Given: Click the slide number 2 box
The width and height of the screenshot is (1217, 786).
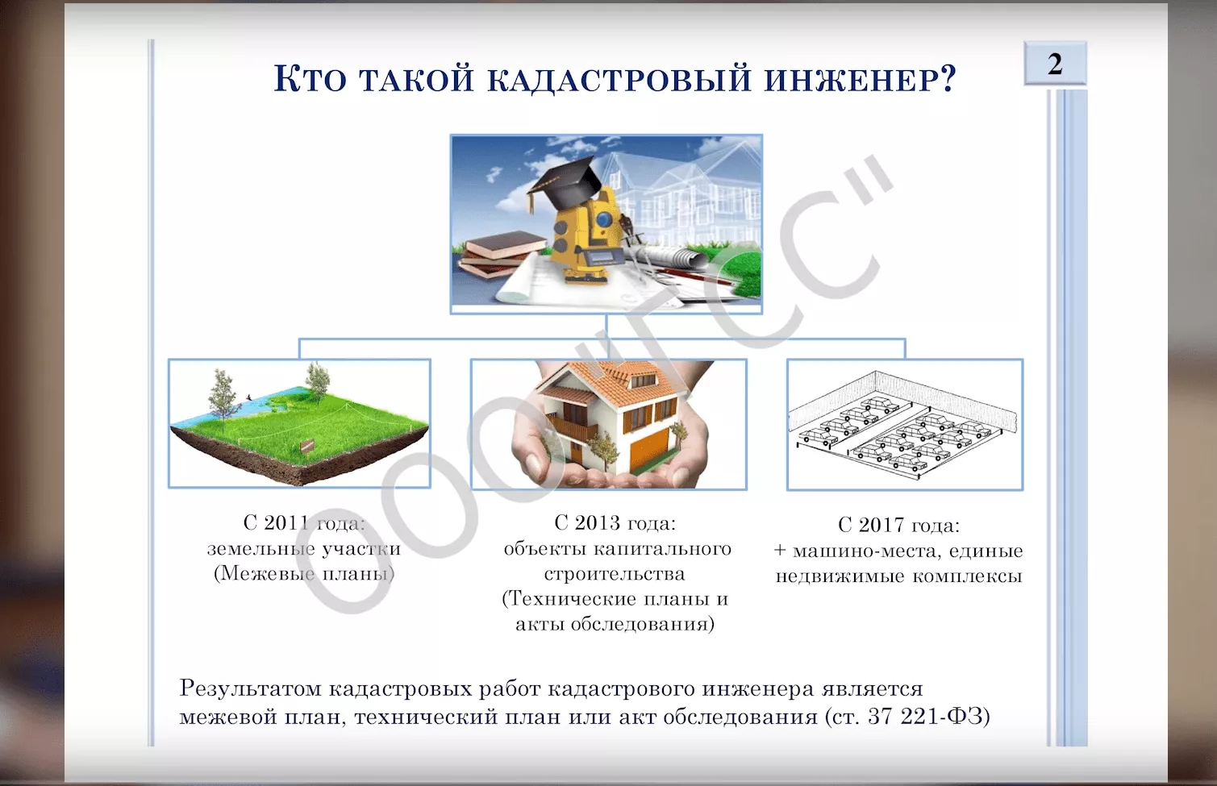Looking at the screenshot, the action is coord(1055,64).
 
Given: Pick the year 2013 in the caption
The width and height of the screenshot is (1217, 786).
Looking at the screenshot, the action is coord(597,522).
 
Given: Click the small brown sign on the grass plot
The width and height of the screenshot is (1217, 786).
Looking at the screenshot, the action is coord(307,447).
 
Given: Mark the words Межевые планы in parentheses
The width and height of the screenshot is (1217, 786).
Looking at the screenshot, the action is coord(304,574).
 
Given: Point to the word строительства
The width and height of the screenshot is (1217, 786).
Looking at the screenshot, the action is coord(615,574).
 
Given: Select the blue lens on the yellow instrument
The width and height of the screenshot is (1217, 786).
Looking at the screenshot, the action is coord(604,218).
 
